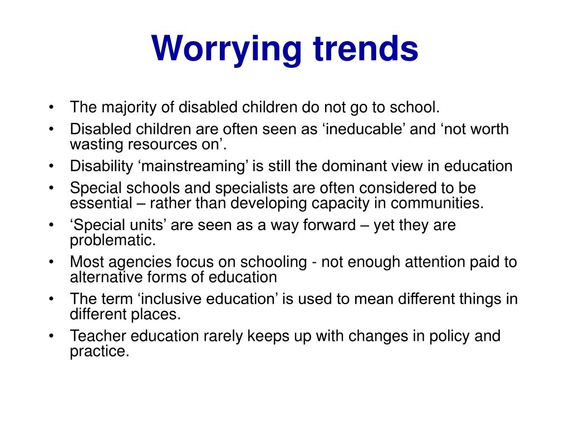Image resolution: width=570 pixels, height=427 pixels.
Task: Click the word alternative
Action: click(x=105, y=277)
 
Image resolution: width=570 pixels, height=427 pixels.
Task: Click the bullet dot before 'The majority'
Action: click(x=52, y=107)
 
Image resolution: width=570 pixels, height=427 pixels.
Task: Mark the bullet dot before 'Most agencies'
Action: click(x=52, y=262)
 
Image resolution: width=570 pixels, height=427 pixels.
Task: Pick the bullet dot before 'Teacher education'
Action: click(x=52, y=336)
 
